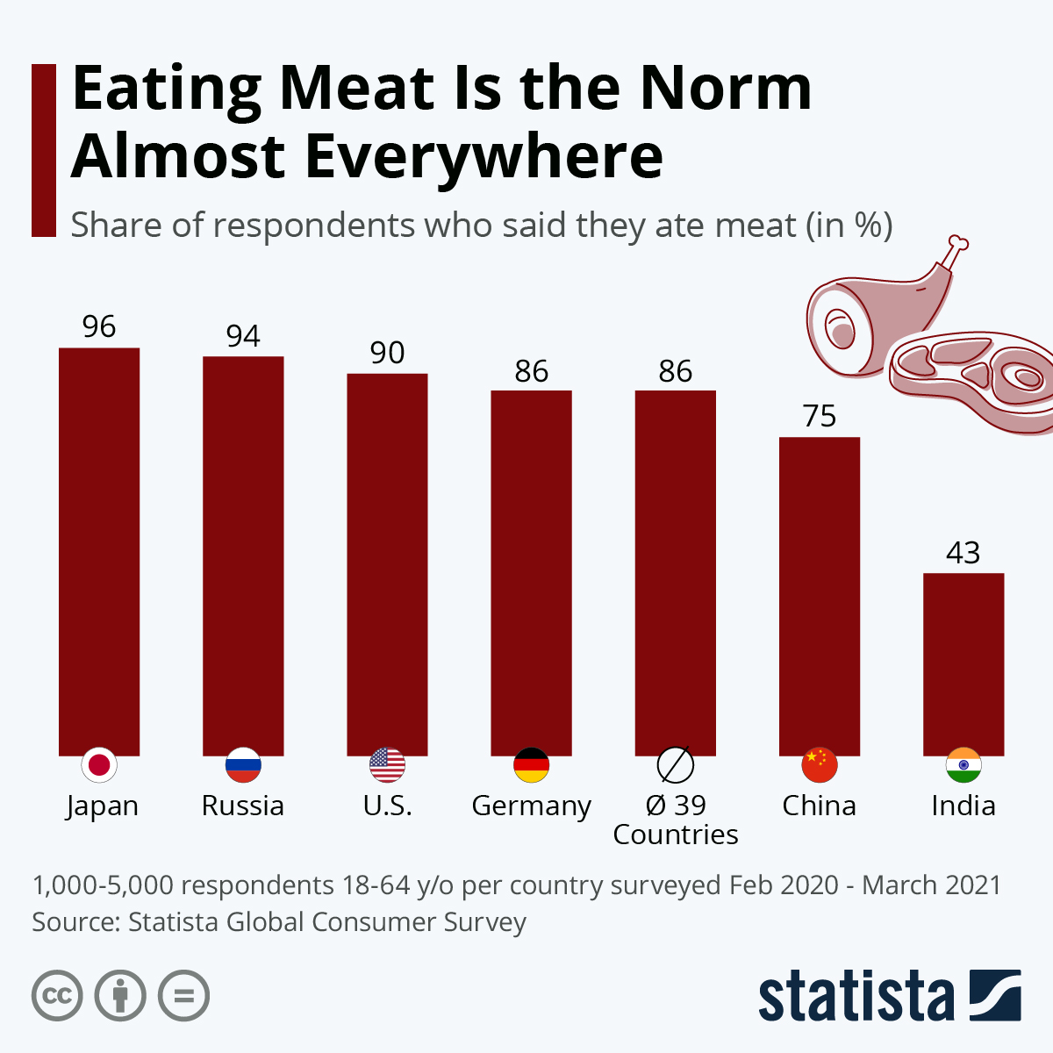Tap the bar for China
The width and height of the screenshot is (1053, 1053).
820,596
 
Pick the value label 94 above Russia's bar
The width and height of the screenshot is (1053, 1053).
243,336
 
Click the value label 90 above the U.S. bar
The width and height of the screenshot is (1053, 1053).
387,353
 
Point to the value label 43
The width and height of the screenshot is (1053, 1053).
963,553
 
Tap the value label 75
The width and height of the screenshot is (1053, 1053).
820,416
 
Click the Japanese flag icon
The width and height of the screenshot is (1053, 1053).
99,765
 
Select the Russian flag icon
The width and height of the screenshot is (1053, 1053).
243,765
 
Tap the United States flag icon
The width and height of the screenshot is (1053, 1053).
387,765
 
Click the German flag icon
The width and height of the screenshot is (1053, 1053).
531,765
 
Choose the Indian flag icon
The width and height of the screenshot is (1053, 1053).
963,765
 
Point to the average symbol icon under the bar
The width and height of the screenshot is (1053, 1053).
676,765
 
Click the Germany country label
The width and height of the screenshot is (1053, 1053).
531,806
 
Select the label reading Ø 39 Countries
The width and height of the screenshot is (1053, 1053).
676,820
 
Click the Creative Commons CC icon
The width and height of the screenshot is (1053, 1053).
57,996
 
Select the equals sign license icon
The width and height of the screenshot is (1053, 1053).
183,996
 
